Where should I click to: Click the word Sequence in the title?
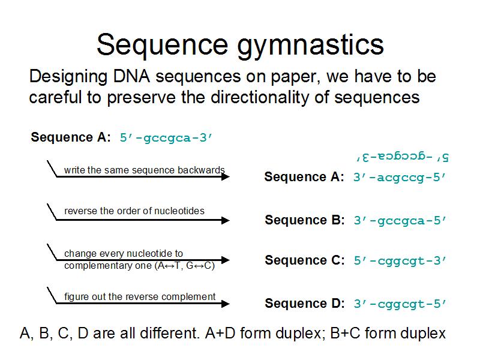163,45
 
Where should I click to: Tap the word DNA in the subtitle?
131,76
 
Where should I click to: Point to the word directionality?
260,98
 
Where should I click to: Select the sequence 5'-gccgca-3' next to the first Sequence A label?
166,138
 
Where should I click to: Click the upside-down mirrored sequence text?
402,157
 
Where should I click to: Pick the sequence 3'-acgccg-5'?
400,177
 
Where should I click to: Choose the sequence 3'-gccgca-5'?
400,220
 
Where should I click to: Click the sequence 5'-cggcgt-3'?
400,260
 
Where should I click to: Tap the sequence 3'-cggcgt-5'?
400,304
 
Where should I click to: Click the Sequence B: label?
305,220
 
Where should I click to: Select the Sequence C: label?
305,260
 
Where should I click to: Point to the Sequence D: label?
305,303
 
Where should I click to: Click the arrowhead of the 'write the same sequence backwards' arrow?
226,176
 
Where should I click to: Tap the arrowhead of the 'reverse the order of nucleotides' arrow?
226,220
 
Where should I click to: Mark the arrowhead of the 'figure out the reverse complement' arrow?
226,304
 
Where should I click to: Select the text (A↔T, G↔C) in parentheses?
187,265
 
